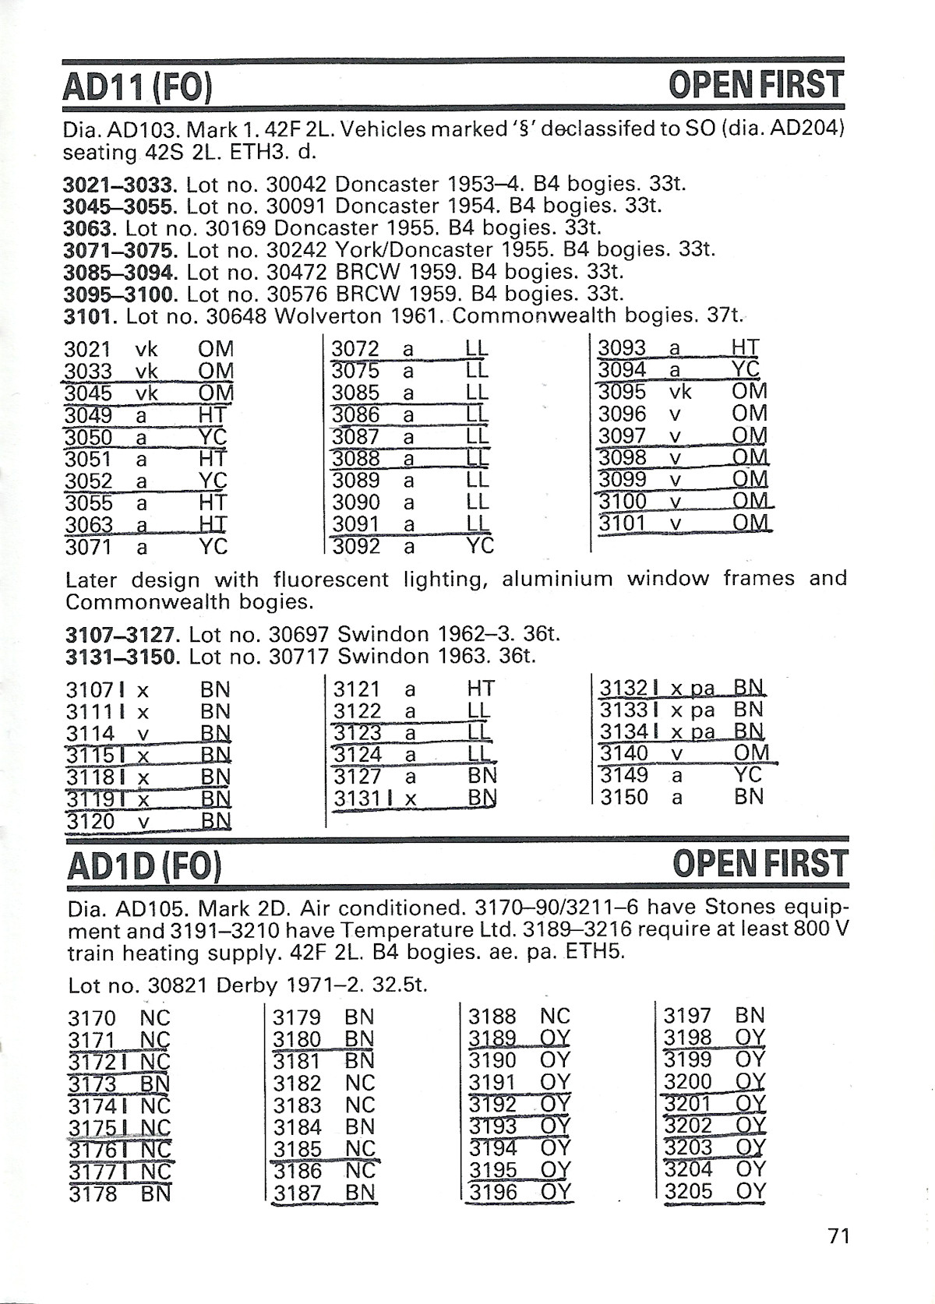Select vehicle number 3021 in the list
[87, 349]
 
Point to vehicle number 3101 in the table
[623, 522]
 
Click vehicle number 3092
[356, 546]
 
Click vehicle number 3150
[624, 797]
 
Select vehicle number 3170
[92, 1018]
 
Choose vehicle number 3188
[492, 1016]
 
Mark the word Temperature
[408, 930]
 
